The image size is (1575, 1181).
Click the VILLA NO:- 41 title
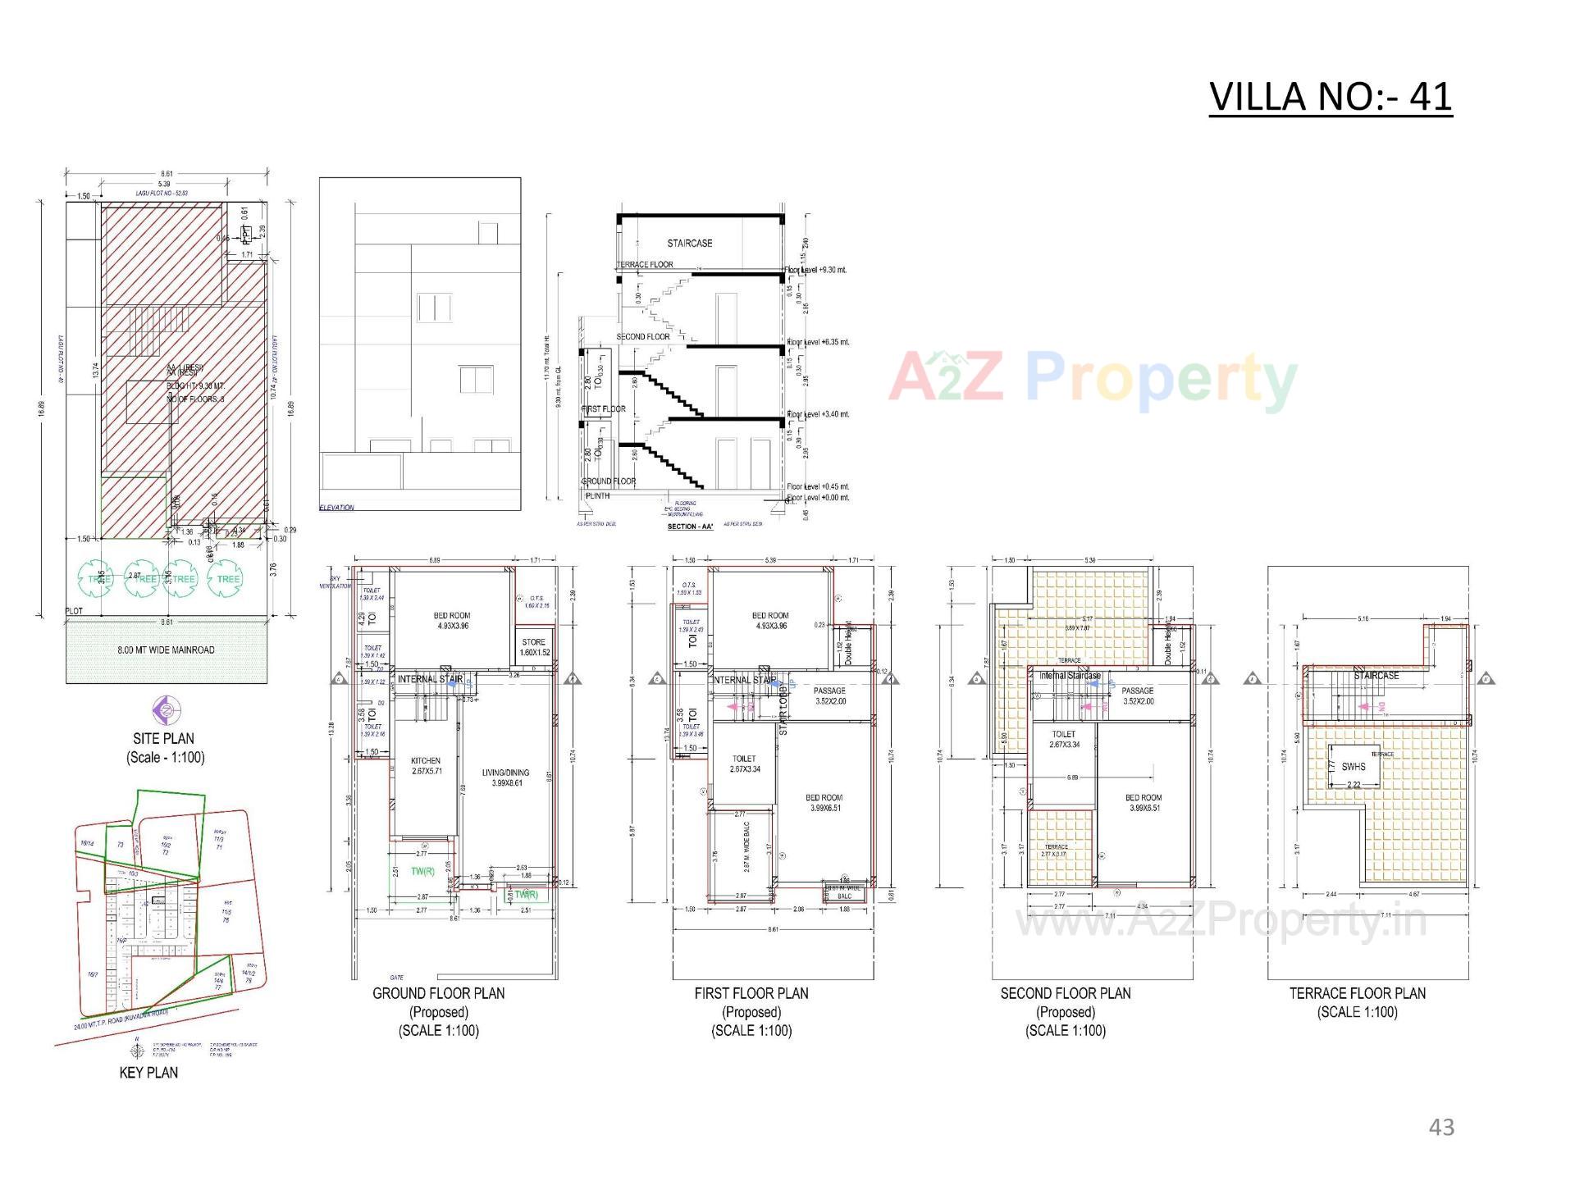[1330, 97]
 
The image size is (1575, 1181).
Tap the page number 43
[1441, 1128]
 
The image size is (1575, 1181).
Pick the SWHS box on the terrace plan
[1354, 767]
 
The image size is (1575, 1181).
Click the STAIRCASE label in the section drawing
[689, 244]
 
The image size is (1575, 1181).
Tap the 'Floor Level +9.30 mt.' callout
[816, 270]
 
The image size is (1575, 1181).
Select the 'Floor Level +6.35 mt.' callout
[818, 342]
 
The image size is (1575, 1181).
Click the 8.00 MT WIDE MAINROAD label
[166, 650]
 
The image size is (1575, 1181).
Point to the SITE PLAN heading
[164, 738]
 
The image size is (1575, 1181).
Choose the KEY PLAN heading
[148, 1073]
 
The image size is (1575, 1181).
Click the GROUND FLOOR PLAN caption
[439, 993]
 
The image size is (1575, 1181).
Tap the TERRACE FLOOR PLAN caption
[1358, 993]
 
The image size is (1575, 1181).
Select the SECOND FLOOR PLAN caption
[1066, 993]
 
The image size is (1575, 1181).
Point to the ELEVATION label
[336, 508]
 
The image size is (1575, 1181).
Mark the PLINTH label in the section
[597, 496]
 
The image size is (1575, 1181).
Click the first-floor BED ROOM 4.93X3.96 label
[770, 621]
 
